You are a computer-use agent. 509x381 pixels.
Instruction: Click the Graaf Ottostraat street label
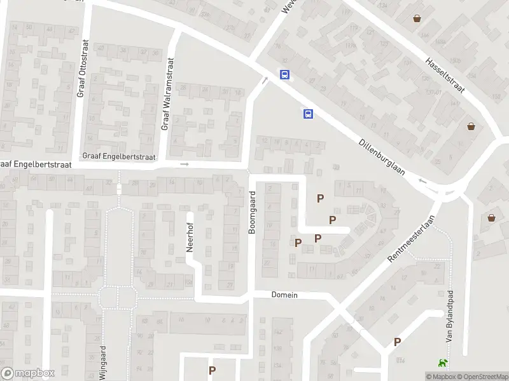pos(81,71)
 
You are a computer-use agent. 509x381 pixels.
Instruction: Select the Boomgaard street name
pos(252,212)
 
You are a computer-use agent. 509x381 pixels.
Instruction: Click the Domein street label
pos(284,295)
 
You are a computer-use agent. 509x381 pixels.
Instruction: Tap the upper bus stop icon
pos(284,74)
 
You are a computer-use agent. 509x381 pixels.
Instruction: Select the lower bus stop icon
pos(308,114)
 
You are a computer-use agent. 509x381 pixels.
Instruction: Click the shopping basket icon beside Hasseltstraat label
pos(417,18)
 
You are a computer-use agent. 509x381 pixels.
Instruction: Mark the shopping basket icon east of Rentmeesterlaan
pos(492,218)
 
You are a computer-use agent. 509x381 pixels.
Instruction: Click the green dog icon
pos(441,363)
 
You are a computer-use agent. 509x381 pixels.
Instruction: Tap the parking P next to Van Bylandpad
pos(398,342)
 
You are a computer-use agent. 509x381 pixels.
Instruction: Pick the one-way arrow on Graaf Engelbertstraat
pos(185,164)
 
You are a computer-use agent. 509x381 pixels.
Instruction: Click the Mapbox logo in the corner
pos(27,373)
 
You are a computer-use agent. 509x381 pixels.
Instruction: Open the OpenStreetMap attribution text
pos(481,377)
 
